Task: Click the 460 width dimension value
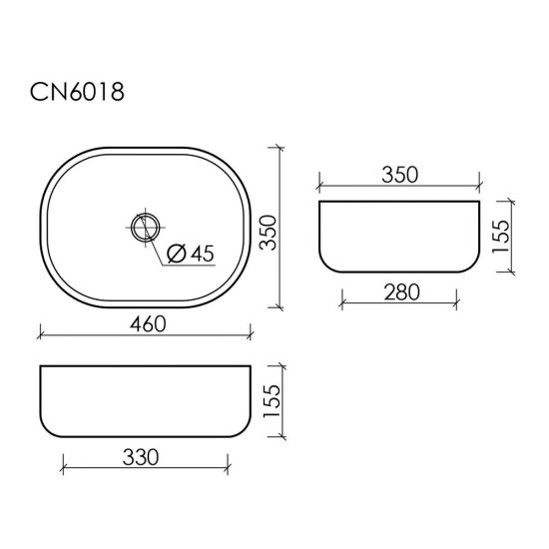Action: [145, 323]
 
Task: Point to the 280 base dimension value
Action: [397, 290]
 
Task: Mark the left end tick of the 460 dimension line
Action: [41, 335]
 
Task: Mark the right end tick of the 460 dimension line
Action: [252, 335]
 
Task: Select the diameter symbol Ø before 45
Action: [172, 255]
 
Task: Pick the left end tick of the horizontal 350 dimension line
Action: [318, 186]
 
